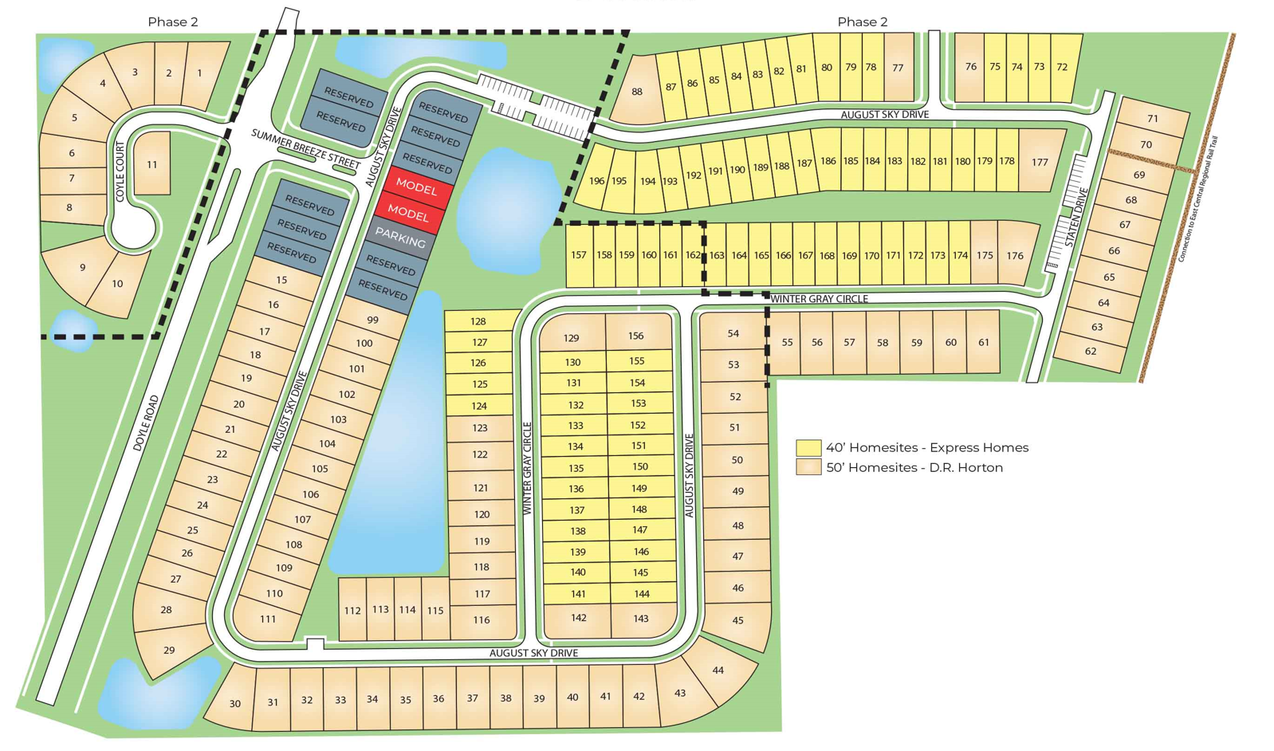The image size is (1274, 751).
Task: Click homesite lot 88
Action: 636,92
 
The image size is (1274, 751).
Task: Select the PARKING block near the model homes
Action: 400,238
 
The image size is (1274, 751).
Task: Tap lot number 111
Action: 268,619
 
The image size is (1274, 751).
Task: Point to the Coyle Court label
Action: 120,171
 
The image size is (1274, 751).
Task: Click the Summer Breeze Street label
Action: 305,148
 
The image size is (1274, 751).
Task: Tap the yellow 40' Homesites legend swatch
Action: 808,447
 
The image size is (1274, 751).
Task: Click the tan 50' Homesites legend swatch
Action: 808,467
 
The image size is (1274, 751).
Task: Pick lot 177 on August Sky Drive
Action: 1040,162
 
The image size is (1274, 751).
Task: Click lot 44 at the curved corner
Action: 718,670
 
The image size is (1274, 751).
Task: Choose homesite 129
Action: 571,337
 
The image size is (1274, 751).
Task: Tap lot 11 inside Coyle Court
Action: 151,165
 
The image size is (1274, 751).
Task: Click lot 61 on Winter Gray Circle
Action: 984,342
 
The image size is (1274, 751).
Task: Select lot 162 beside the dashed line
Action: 692,255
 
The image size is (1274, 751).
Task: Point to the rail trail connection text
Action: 1197,200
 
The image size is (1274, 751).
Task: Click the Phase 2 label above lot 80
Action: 862,22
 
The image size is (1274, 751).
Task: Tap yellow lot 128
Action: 478,321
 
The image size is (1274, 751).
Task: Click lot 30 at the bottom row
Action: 234,703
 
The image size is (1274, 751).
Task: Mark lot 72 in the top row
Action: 1062,67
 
